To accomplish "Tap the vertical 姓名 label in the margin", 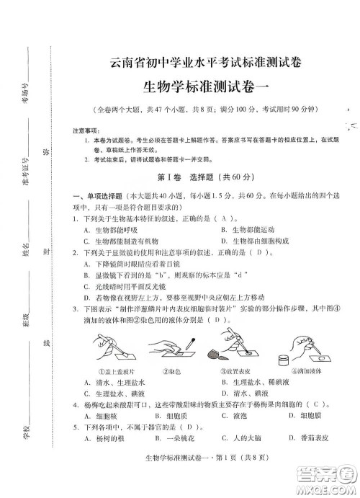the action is point(24,251).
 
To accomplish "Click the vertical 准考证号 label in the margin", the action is point(24,172).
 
